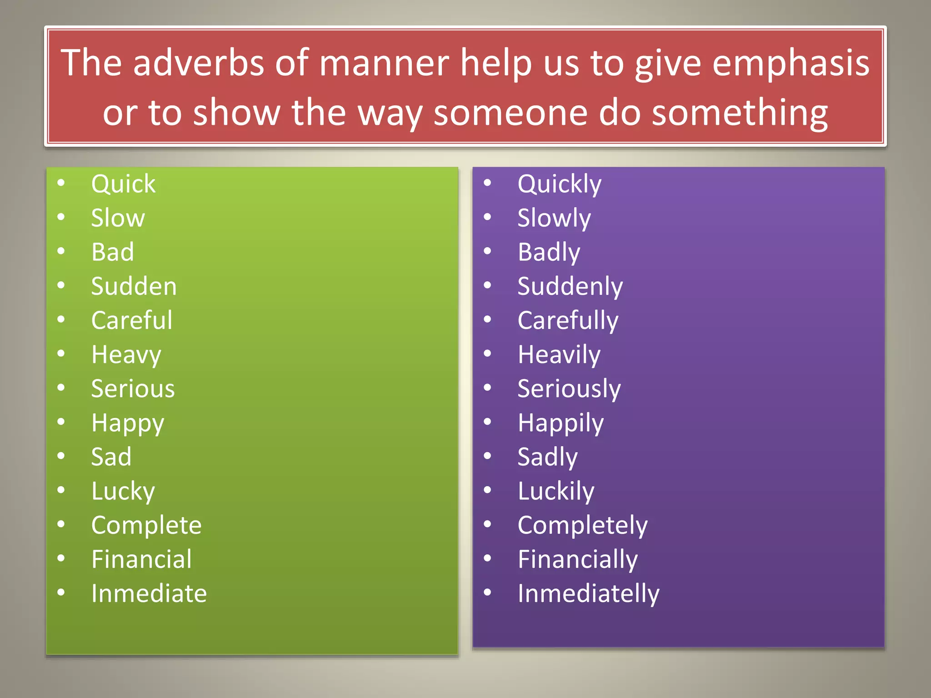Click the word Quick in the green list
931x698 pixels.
123,184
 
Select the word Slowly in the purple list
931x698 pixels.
554,218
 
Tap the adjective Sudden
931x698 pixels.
134,286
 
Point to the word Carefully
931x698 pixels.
568,321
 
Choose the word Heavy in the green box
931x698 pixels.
126,355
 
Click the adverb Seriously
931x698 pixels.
569,389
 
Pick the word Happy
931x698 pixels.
128,424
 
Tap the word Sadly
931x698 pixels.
548,457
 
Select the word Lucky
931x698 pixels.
123,492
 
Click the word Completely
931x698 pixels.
582,526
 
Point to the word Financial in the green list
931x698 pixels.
141,559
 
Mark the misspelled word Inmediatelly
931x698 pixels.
588,594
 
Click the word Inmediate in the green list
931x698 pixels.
149,593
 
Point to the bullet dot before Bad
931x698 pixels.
61,251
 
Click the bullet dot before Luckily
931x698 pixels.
488,490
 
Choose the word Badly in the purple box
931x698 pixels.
549,253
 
